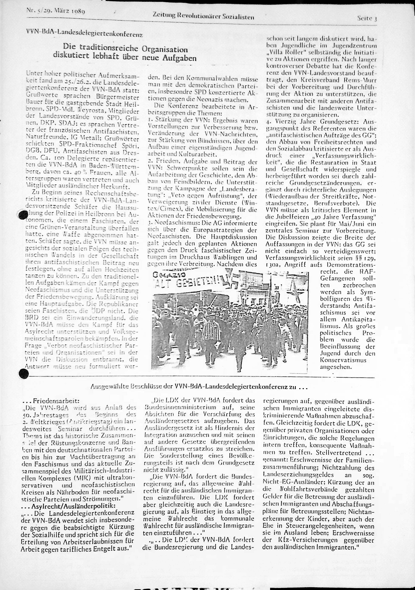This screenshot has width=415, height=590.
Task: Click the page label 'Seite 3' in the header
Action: tap(367, 18)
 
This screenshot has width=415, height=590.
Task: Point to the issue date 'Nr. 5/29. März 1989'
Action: tap(56, 11)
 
